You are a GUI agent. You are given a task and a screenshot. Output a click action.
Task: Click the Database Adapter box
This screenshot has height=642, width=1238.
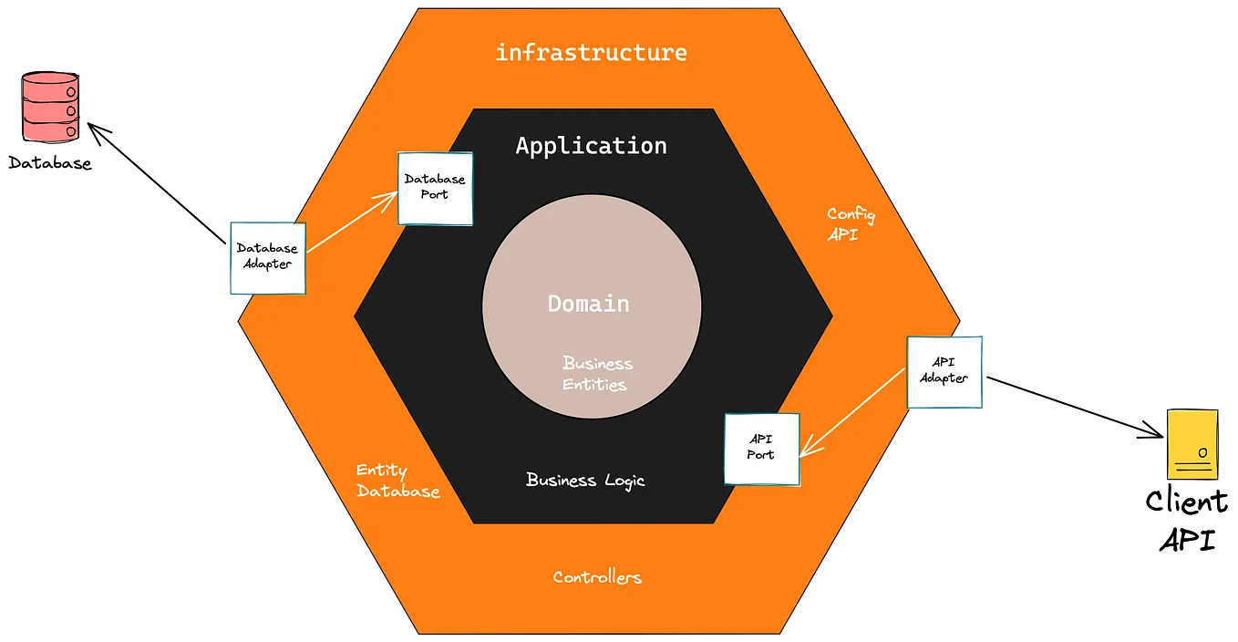point(265,257)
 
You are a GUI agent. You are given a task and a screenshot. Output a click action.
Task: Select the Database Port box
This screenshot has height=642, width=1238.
point(435,188)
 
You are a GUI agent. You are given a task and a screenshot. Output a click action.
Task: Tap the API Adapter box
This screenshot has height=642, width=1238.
point(944,371)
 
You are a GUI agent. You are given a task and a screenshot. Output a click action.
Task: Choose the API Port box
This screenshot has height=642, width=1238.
point(761,449)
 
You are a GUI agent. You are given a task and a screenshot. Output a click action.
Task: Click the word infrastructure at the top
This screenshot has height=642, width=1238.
point(591,53)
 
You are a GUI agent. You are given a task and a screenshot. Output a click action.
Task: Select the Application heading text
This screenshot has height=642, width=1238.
point(591,146)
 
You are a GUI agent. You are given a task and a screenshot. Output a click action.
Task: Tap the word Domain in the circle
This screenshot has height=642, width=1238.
point(588,304)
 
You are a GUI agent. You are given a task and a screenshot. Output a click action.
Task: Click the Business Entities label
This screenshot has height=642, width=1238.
point(596,374)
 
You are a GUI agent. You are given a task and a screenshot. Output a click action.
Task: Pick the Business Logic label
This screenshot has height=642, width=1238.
point(585,480)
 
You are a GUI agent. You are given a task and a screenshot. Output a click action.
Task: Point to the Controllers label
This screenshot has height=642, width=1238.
point(597,577)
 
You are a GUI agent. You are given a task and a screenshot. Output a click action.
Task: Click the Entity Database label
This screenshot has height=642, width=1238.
point(397,481)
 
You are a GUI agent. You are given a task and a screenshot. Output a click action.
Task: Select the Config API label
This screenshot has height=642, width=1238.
point(851,224)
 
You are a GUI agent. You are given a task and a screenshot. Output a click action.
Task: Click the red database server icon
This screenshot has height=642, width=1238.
point(51,108)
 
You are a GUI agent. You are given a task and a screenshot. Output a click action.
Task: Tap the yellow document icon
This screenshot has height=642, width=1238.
point(1192,445)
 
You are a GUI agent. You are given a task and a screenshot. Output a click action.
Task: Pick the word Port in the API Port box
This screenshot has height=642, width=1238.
point(760,455)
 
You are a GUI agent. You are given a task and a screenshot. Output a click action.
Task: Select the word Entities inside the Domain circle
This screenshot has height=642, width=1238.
point(594,384)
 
